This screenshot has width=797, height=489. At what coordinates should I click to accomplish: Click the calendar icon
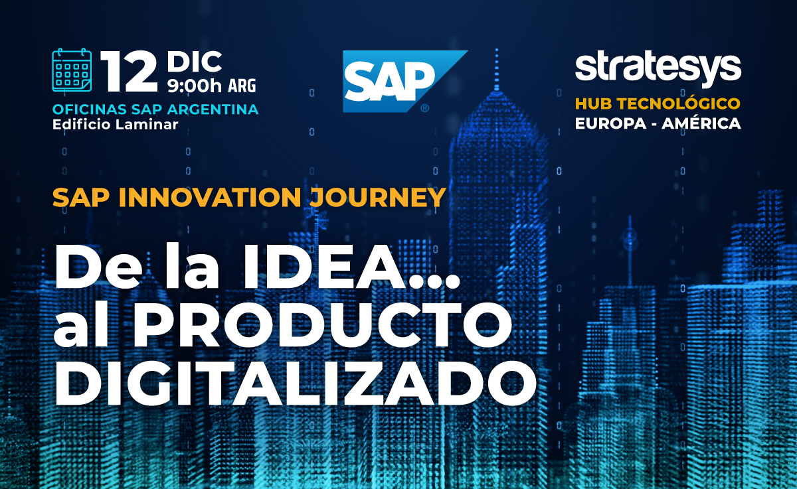[x=72, y=70]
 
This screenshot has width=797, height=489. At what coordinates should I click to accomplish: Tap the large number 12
[x=129, y=71]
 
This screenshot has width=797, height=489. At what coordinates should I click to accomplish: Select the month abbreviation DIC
[x=194, y=62]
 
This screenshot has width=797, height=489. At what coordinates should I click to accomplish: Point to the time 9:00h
[x=195, y=86]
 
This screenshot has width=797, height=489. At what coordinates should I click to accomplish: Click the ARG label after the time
[x=242, y=86]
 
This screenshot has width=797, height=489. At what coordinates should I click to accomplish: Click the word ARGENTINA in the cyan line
[x=213, y=109]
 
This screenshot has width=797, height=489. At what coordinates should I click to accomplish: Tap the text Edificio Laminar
[x=116, y=124]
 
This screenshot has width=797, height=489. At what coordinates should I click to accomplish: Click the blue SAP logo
[x=405, y=82]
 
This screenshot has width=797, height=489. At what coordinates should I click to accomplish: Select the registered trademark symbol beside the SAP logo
[x=424, y=108]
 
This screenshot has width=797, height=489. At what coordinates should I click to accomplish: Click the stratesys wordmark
[x=658, y=69]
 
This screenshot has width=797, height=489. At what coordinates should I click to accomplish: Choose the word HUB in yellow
[x=594, y=104]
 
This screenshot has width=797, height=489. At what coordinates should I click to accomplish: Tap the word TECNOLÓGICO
[x=679, y=103]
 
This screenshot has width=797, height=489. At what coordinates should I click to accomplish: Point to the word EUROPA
[x=610, y=123]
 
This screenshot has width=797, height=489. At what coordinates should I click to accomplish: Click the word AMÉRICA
[x=701, y=123]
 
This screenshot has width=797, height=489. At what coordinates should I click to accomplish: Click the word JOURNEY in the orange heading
[x=377, y=197]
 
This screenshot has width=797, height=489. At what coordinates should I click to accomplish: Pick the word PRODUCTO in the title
[x=322, y=325]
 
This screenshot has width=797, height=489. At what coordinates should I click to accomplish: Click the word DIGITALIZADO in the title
[x=295, y=383]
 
